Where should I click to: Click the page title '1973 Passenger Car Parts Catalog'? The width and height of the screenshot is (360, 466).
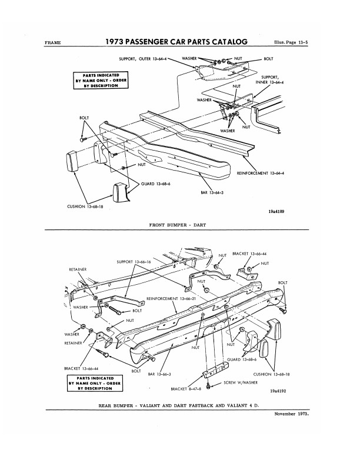(176, 42)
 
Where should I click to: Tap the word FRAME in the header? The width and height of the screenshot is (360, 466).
(52, 43)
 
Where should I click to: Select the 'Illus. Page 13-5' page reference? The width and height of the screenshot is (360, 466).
(291, 42)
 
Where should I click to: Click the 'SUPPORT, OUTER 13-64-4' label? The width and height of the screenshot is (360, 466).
(142, 59)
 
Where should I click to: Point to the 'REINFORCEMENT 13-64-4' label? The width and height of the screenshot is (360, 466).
(261, 173)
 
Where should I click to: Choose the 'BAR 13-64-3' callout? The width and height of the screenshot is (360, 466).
(212, 192)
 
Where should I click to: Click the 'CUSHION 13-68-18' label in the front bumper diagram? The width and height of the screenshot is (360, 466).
(85, 207)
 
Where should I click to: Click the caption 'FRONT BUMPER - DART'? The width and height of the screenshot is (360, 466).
(177, 225)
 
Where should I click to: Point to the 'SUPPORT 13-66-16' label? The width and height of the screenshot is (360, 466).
(134, 262)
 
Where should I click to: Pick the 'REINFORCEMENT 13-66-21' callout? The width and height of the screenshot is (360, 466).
(171, 298)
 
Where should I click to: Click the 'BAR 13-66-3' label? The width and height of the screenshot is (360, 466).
(159, 374)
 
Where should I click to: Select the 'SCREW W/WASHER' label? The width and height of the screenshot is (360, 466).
(241, 382)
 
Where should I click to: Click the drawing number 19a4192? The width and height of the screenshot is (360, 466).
(278, 391)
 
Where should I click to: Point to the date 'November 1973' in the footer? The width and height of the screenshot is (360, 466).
(292, 414)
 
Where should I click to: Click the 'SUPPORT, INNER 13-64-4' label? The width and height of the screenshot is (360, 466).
(269, 80)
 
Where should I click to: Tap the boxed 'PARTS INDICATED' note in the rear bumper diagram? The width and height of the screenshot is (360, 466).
(95, 384)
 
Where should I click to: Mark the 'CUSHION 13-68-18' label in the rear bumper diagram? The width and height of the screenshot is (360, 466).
(272, 374)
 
